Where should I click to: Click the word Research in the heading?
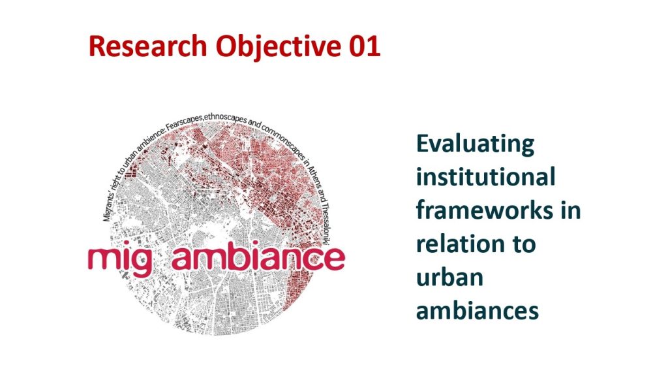point(147,46)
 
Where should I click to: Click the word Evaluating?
point(475,144)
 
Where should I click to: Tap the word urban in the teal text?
point(450,277)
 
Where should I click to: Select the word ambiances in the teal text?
point(478,310)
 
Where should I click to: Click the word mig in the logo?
point(119,259)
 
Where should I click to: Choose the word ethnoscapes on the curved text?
point(225,117)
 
